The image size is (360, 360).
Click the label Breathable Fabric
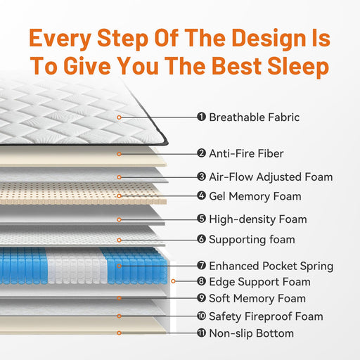click(254, 117)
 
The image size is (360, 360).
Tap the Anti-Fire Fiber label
click(246, 154)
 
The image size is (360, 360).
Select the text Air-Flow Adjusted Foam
click(271, 177)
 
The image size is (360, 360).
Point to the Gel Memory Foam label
click(255, 196)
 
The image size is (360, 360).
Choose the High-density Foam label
click(258, 219)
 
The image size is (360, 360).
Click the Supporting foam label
click(252, 240)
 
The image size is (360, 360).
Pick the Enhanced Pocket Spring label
click(271, 266)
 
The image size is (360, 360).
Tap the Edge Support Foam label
click(259, 282)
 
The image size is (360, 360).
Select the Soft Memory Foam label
click(257, 299)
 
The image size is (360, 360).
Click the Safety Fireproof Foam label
click(266, 316)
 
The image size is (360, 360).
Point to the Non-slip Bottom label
click(251, 333)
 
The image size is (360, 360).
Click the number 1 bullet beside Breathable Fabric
click(201, 117)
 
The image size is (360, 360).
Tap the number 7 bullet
click(201, 266)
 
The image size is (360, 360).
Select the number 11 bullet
click(201, 333)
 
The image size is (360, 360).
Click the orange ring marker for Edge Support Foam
click(173, 281)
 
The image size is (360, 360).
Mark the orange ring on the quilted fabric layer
click(119, 117)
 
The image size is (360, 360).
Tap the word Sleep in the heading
click(298, 67)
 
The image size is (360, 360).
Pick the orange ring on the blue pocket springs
click(119, 266)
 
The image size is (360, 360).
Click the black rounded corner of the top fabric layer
click(166, 142)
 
